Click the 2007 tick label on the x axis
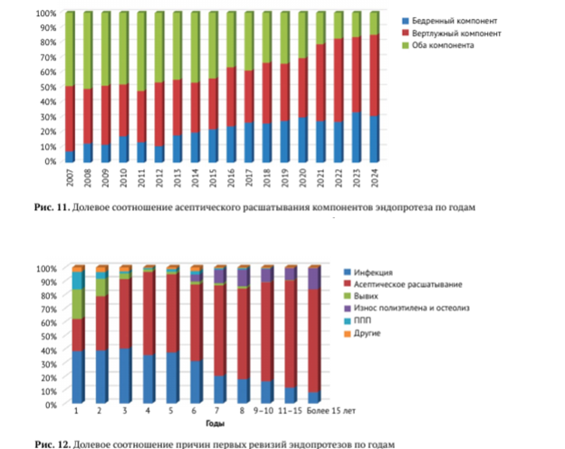point(71,177)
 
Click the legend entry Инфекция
point(373,272)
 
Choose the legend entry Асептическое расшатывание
point(399,284)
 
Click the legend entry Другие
point(370,334)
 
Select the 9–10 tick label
point(267,412)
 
